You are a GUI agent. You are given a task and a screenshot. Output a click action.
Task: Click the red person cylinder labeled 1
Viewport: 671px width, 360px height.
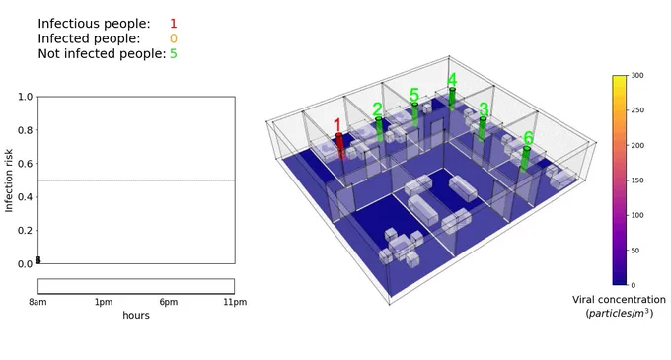coord(339,146)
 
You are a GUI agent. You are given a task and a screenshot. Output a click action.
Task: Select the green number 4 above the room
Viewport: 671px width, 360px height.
coord(452,80)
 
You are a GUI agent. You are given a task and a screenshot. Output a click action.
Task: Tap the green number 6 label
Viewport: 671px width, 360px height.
coord(528,138)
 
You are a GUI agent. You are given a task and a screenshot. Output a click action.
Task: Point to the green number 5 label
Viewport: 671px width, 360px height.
coord(413,95)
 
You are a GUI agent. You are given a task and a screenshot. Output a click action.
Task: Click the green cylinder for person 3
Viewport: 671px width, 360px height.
coord(483,128)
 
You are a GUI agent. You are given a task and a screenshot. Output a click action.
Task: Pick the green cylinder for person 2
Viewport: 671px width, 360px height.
coord(379,129)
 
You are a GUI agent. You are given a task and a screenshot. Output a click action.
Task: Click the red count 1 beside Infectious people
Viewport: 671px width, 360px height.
coord(173,24)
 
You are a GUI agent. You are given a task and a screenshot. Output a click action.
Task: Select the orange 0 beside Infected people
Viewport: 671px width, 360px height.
coord(173,38)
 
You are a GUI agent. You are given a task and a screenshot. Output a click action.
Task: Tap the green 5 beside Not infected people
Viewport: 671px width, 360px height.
coord(173,54)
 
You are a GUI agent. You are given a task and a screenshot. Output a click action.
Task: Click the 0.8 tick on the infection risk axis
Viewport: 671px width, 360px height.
coord(26,130)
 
